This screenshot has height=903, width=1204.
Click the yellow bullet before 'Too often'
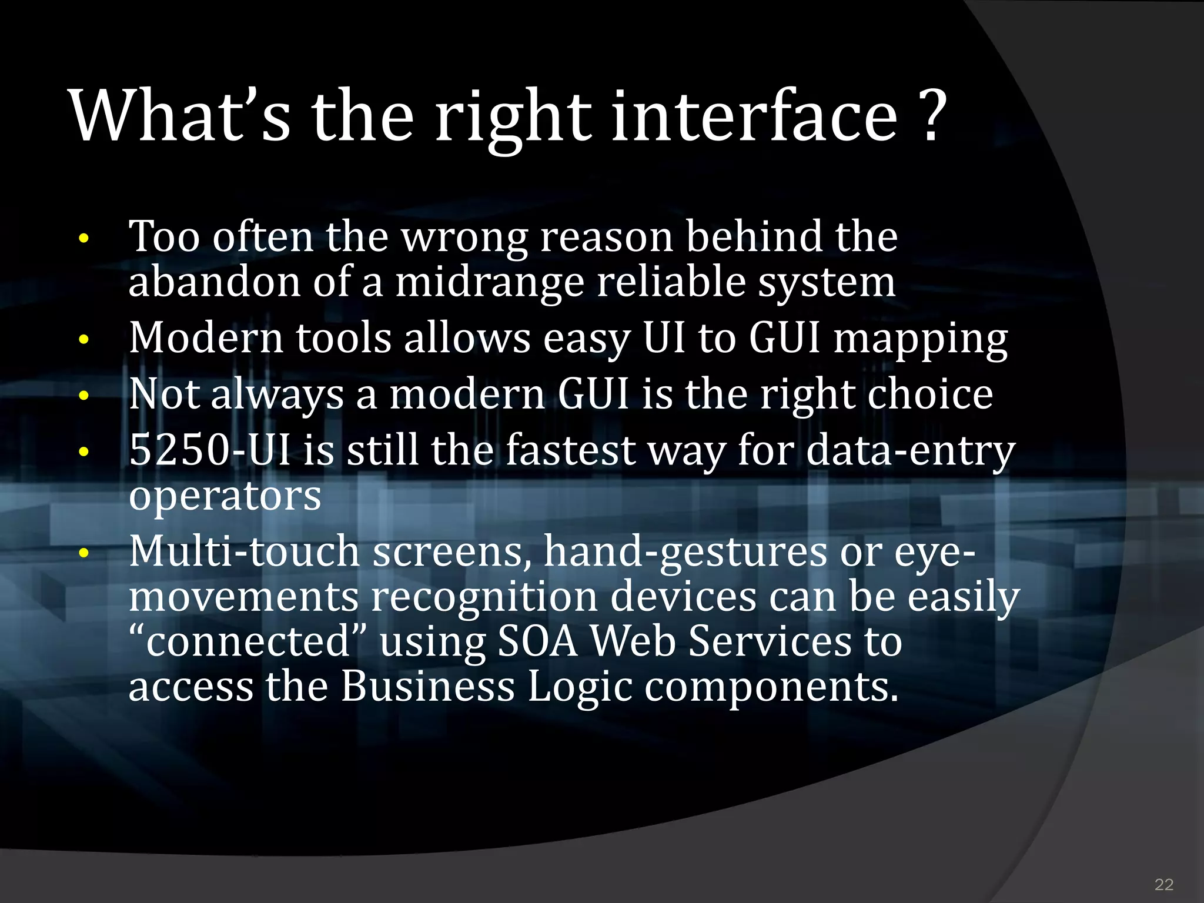click(x=84, y=239)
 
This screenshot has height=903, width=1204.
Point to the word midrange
click(x=489, y=283)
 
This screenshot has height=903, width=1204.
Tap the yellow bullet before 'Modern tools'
click(x=84, y=340)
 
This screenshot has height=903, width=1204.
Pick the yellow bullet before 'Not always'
click(x=84, y=396)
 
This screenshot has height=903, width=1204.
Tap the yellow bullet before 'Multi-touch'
click(x=84, y=553)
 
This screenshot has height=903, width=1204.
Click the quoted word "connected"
click(x=248, y=641)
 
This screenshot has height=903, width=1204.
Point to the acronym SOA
click(x=538, y=641)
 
